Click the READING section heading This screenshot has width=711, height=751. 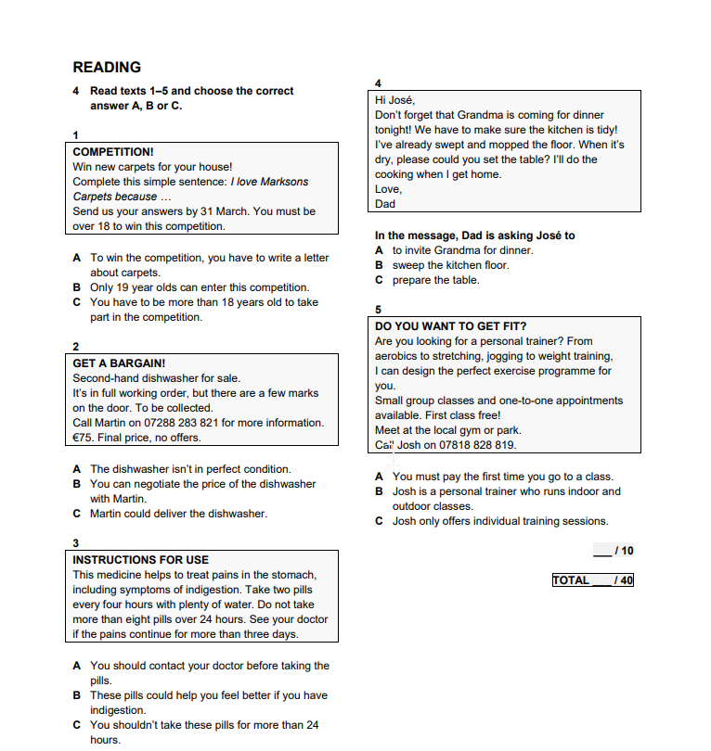click(x=107, y=67)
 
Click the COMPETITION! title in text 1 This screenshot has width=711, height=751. click(x=112, y=151)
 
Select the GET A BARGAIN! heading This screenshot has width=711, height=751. click(x=119, y=363)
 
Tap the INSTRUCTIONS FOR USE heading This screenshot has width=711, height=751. click(x=140, y=560)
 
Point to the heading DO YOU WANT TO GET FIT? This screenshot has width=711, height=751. click(x=450, y=326)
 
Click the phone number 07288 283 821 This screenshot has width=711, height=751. click(x=188, y=423)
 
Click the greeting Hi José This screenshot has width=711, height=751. click(x=394, y=100)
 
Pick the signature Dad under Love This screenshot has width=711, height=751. click(x=385, y=204)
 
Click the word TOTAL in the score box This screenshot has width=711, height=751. click(x=571, y=580)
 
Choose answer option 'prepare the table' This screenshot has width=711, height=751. click(x=435, y=280)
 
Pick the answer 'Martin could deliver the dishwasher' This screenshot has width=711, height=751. click(x=178, y=514)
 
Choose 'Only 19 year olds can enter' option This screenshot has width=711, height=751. click(x=200, y=287)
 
